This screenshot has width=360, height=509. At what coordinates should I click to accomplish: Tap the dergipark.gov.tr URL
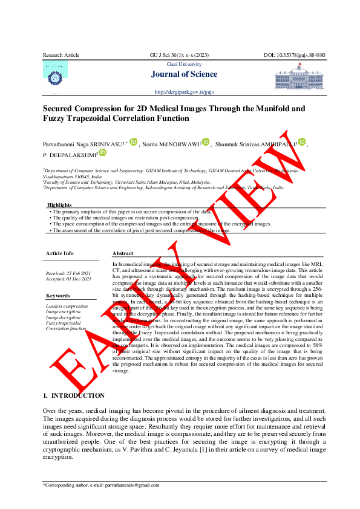(185, 92)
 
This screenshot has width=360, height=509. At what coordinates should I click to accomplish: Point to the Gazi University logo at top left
(55, 73)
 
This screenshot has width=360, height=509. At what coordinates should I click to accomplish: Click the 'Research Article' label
(61, 55)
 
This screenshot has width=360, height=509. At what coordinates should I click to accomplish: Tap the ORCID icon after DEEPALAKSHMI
(102, 154)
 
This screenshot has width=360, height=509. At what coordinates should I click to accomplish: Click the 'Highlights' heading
(59, 205)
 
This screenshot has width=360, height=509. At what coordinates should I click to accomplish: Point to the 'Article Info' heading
(60, 253)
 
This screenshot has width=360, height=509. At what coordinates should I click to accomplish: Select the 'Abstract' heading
(123, 254)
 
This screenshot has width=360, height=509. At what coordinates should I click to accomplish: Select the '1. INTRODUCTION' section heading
(73, 395)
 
